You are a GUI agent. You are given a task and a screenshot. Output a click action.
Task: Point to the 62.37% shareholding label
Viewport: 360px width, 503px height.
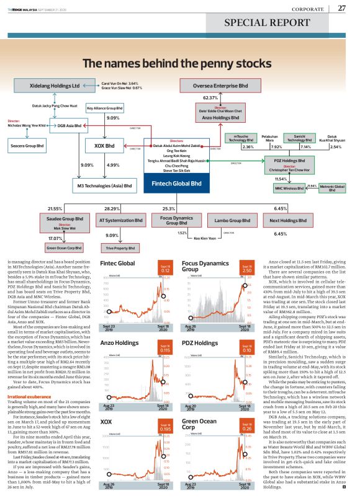click(210, 98)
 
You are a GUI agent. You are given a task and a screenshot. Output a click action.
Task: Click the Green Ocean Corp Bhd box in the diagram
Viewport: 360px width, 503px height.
click(66, 247)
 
